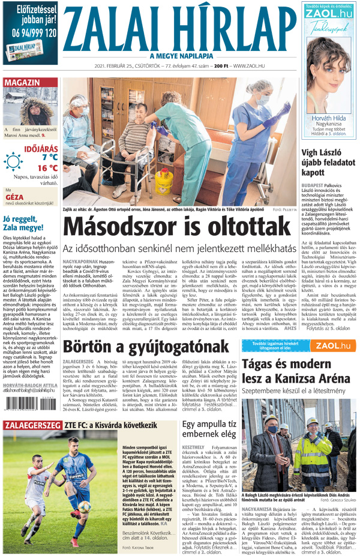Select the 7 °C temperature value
pyautogui.click(x=49, y=157)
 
